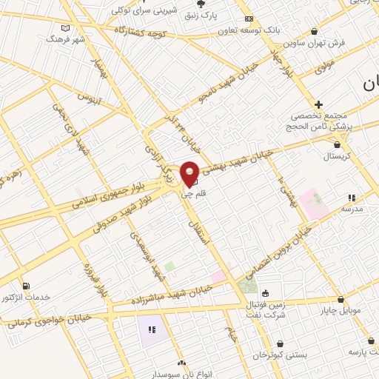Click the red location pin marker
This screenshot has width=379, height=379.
point(189,173)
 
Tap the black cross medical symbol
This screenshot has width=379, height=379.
point(319,104)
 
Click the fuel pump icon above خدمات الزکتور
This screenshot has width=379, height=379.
point(27,286)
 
